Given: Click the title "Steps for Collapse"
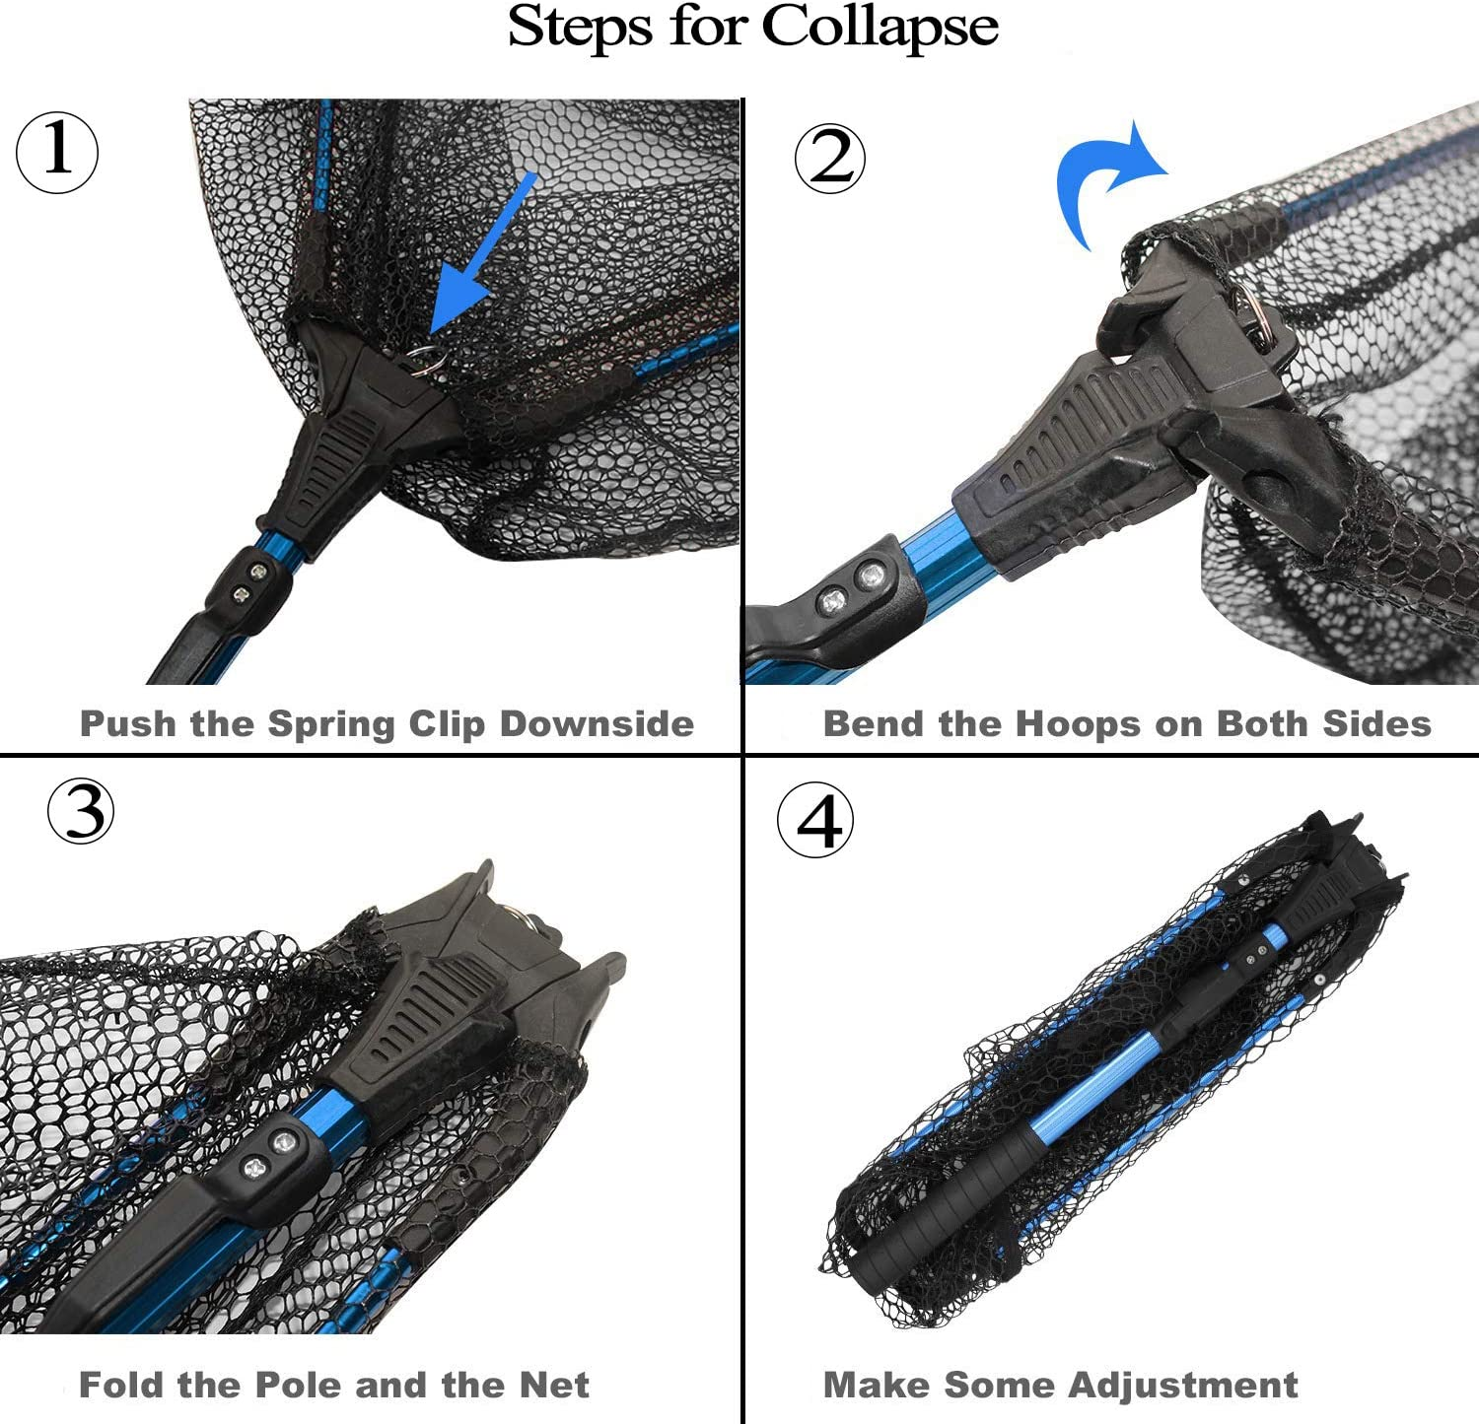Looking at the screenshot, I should click(752, 28).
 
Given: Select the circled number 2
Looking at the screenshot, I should click(830, 158).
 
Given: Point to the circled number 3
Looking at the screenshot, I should click(81, 811).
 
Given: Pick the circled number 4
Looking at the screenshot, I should click(815, 821).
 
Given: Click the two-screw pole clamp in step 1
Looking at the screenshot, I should click(248, 583).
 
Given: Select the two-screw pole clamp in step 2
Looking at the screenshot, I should click(848, 591).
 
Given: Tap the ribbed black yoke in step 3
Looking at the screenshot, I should click(419, 1015).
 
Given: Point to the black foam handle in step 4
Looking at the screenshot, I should click(942, 1207).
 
